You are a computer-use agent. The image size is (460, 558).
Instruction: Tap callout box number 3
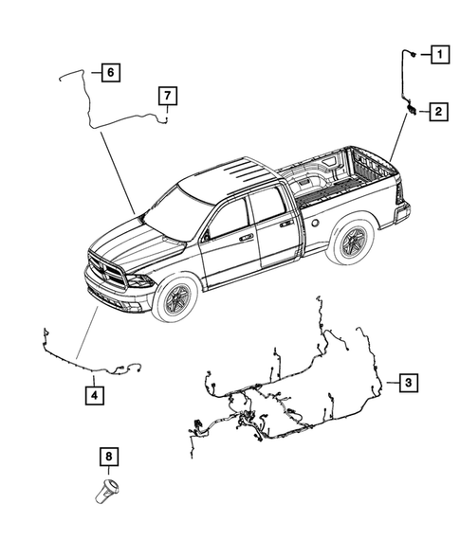pos(407,383)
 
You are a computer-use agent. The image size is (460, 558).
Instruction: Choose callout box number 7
pos(166,95)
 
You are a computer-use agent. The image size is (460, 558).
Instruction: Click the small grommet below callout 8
pos(108,493)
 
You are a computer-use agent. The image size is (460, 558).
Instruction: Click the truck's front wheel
pos(177,301)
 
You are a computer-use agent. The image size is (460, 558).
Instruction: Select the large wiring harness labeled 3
pos(285,398)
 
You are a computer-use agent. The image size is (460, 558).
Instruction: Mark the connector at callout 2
pos(411,112)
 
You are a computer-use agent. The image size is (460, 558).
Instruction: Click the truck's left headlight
pos(138,280)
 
